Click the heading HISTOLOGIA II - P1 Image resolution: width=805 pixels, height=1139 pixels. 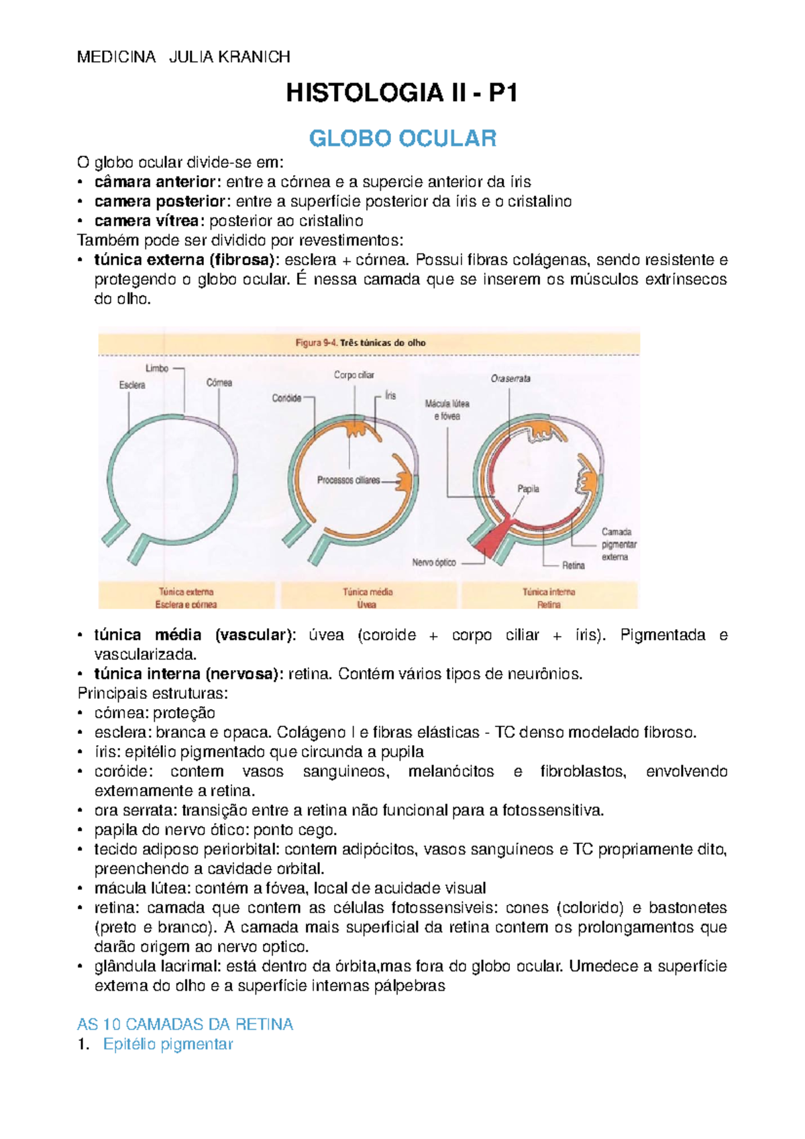point(402,93)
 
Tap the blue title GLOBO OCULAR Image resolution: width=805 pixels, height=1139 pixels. point(402,138)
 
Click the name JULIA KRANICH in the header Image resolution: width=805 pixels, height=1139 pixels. point(229,57)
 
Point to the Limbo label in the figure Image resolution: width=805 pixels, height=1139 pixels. point(157,368)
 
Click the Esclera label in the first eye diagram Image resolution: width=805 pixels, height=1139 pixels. point(132,385)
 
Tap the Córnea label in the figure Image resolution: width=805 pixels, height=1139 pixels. point(219,382)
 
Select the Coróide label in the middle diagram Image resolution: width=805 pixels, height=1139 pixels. point(286,398)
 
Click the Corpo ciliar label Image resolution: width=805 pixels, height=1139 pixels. point(354,375)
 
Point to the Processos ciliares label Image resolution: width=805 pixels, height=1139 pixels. point(348,480)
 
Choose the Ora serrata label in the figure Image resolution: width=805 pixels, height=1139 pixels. point(511,378)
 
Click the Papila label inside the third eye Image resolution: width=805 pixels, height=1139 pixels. point(528,489)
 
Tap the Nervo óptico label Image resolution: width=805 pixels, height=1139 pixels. point(434,562)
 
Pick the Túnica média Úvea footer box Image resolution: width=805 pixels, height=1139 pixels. point(368,598)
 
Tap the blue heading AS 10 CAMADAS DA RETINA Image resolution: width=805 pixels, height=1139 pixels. point(185,1024)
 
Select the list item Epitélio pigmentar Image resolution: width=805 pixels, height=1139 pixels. point(168,1044)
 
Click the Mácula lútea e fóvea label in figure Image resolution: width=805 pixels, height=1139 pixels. point(447,410)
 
